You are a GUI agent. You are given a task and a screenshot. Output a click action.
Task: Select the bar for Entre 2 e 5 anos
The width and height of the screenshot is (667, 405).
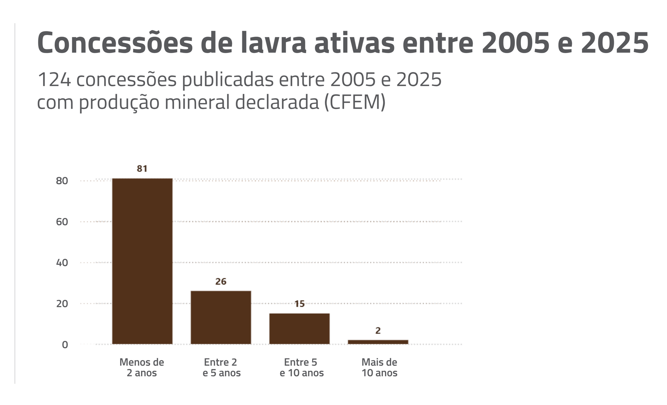click(221, 317)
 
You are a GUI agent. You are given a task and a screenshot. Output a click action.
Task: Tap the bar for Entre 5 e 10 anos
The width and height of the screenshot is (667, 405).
click(299, 329)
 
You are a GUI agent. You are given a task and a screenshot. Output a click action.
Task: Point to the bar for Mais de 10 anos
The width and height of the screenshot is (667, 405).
click(378, 342)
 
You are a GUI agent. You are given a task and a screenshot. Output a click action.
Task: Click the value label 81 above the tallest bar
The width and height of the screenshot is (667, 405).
click(142, 169)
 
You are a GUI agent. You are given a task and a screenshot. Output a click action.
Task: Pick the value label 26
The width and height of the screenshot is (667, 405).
click(221, 282)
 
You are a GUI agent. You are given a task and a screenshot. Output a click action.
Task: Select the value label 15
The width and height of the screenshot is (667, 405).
click(299, 304)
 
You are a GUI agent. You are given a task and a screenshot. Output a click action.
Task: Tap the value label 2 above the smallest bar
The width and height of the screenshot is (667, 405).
click(378, 331)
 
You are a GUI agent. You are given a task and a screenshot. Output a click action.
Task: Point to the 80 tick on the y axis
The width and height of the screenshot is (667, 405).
click(62, 181)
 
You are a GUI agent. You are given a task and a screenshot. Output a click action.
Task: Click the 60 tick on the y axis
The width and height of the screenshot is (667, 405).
click(62, 222)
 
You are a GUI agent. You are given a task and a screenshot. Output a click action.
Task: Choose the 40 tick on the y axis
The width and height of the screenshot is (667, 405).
click(62, 263)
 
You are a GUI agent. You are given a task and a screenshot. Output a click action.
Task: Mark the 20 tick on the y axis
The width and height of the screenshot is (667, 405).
click(62, 304)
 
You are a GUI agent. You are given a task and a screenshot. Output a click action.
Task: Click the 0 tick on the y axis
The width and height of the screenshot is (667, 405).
click(65, 345)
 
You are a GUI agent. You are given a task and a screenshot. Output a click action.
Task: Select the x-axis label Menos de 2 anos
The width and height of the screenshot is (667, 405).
click(142, 367)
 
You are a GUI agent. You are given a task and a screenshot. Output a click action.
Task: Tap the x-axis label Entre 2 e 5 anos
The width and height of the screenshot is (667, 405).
click(221, 367)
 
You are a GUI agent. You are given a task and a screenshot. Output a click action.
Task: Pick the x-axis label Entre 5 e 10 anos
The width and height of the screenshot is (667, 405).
click(301, 367)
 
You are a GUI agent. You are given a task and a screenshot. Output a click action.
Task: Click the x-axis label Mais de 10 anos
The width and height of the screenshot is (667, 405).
click(380, 367)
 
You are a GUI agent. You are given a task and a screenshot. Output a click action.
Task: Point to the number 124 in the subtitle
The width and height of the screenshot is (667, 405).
click(54, 80)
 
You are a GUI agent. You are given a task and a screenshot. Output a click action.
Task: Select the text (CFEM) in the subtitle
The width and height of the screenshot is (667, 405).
click(355, 102)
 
